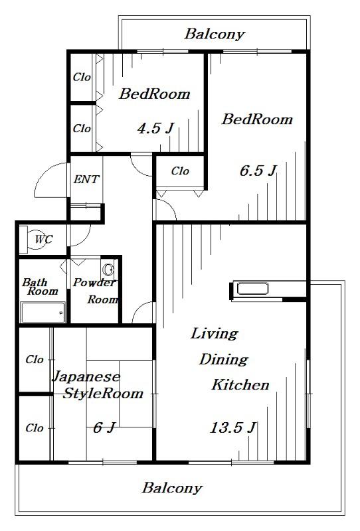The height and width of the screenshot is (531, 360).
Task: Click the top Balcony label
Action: click(215, 35)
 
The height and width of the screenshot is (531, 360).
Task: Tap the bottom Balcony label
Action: click(172, 488)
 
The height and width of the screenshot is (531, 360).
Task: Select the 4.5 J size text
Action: click(155, 128)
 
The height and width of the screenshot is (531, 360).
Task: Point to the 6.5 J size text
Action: click(258, 171)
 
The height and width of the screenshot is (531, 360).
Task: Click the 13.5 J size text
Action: click(233, 427)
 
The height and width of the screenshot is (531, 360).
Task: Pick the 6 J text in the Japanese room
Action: click(105, 427)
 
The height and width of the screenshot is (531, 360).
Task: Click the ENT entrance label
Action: click(86, 179)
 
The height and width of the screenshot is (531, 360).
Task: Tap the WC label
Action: click(44, 240)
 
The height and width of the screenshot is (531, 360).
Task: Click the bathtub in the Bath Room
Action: click(43, 312)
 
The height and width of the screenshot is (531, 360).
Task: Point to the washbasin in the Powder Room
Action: click(108, 269)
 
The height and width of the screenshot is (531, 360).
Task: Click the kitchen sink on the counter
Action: click(253, 289)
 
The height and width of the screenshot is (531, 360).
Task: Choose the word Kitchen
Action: click(240, 385)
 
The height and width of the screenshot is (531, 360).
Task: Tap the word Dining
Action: click(223, 360)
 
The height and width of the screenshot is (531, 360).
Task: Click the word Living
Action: click(214, 334)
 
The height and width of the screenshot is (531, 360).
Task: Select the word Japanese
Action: click(86, 376)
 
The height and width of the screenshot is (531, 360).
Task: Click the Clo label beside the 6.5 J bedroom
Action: click(180, 171)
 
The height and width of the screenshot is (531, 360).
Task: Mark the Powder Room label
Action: click(96, 291)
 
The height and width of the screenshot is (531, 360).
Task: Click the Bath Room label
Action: click(40, 287)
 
